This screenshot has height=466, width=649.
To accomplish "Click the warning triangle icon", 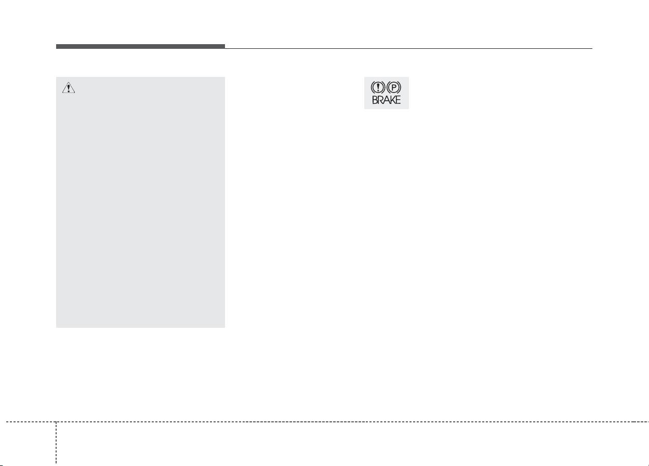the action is pyautogui.click(x=69, y=88).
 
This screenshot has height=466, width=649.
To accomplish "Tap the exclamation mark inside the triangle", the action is pyautogui.click(x=69, y=88).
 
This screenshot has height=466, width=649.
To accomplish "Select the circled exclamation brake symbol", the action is pyautogui.click(x=378, y=87).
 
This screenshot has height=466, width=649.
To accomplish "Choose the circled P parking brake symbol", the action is pyautogui.click(x=393, y=87).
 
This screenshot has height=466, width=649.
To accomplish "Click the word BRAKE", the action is pyautogui.click(x=386, y=100).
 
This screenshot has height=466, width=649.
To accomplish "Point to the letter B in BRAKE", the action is pyautogui.click(x=375, y=100).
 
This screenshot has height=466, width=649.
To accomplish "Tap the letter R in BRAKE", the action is pyautogui.click(x=380, y=100).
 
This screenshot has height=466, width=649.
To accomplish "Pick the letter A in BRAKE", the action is pyautogui.click(x=386, y=100).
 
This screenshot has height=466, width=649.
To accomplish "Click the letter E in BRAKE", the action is pyautogui.click(x=398, y=100).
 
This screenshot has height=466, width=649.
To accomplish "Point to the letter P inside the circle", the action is pyautogui.click(x=393, y=87).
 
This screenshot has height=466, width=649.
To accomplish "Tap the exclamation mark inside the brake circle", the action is pyautogui.click(x=378, y=87).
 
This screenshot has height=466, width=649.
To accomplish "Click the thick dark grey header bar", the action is pyautogui.click(x=140, y=46).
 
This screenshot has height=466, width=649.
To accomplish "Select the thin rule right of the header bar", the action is pyautogui.click(x=408, y=48).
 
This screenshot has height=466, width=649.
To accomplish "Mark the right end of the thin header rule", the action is pyautogui.click(x=592, y=48).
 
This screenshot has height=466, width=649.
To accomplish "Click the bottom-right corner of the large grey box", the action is pyautogui.click(x=225, y=328).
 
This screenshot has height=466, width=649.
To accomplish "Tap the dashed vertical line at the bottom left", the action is pyautogui.click(x=56, y=443).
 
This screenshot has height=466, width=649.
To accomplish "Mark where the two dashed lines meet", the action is pyautogui.click(x=56, y=422).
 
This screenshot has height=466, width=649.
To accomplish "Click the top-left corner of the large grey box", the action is pyautogui.click(x=56, y=77).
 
